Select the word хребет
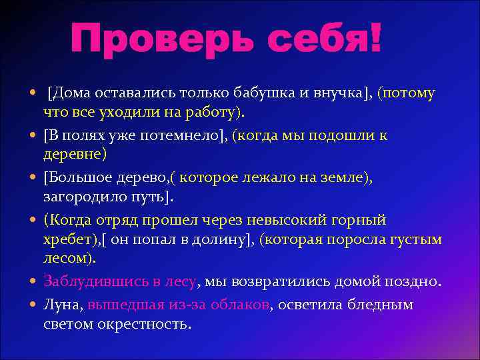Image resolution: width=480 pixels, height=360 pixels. [x=69, y=239]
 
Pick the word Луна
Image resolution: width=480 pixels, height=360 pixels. [x=63, y=306]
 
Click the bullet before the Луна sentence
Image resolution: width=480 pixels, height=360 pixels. [x=33, y=306]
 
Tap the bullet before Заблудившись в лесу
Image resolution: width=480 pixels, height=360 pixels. [x=33, y=281]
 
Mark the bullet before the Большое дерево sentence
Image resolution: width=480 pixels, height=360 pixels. [x=33, y=178]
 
